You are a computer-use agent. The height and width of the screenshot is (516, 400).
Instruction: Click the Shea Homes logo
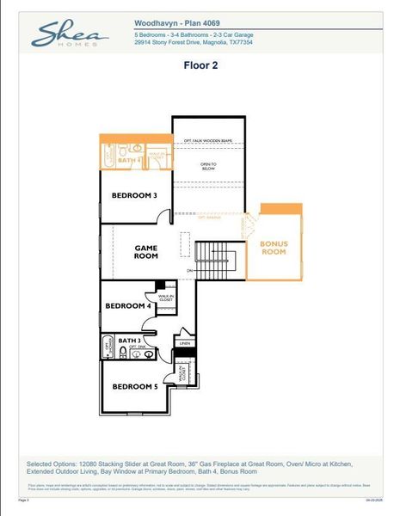[x=71, y=35]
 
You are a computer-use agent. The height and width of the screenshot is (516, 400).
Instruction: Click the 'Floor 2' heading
[x=200, y=64]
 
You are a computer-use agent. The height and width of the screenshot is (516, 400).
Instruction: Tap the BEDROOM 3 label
[x=134, y=195]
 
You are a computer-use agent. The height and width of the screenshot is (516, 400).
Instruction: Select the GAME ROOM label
[x=146, y=251]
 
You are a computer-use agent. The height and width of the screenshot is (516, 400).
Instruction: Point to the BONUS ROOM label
[x=274, y=248]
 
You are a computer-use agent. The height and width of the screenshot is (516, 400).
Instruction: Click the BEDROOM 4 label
[x=128, y=306]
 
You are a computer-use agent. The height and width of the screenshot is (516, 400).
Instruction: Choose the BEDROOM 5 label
[x=135, y=386]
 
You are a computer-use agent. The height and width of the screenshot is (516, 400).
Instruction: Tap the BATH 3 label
[x=131, y=341]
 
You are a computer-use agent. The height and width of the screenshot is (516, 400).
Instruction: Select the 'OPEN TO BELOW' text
[x=208, y=167]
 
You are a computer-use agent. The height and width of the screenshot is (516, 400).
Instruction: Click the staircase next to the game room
[x=209, y=255]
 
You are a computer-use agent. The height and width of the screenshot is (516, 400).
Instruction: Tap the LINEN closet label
[x=184, y=343]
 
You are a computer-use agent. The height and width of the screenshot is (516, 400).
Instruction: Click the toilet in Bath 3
[x=124, y=352]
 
